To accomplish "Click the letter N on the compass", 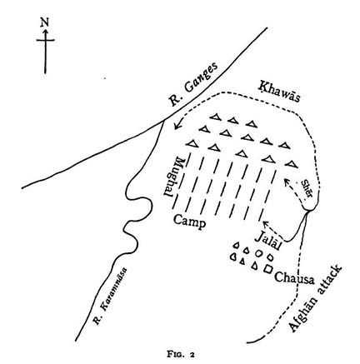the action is point(44,22).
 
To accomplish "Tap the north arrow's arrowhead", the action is point(45,32).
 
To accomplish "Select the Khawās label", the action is point(278,92).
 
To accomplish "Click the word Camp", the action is point(190,222).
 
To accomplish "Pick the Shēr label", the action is point(307,188).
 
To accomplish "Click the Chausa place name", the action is point(294,278).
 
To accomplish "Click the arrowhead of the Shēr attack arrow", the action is point(287,182).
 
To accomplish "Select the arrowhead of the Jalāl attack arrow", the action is point(266,223).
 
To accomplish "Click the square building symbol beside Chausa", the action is point(267,269).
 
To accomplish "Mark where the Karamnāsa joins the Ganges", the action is point(163,121).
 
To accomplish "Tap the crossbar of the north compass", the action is point(45,40).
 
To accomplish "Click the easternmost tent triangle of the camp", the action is point(292,164).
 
